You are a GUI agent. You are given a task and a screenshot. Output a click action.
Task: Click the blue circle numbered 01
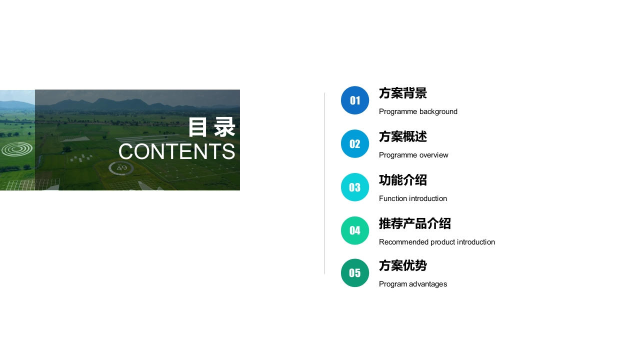pos(355,100)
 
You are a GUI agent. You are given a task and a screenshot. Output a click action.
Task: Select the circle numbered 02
pos(355,143)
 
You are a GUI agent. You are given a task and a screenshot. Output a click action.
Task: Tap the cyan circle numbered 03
pos(355,187)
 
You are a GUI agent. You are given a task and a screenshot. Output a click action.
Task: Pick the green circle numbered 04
pos(355,230)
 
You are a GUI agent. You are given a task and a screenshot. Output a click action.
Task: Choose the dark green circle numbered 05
pos(355,273)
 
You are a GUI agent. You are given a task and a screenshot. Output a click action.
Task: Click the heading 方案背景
pos(403,93)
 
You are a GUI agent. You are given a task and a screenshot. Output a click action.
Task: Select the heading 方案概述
pos(403,136)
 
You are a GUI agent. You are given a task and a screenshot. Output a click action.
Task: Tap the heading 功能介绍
pos(403,180)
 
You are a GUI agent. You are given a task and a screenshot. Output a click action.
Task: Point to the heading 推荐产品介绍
pos(415,223)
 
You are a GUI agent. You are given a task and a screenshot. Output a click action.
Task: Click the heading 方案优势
pos(403,265)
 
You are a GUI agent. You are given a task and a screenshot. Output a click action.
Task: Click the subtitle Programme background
pos(418,111)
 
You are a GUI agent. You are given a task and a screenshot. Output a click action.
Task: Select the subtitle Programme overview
pos(413,155)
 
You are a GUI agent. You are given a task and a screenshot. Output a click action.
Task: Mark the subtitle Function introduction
pos(413,198)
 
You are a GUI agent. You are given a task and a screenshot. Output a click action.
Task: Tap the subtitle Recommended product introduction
pos(437,242)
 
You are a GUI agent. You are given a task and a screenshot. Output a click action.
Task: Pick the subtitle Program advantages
pos(413,284)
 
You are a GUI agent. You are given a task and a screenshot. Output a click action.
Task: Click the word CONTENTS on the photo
pos(177,151)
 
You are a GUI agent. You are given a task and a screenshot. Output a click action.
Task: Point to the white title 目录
pos(211,127)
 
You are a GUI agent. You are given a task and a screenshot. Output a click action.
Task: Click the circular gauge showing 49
pos(121,168)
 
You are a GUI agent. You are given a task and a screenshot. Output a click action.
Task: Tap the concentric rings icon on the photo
pos(17,149)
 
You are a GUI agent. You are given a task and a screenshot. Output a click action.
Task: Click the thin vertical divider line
pos(324,183)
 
